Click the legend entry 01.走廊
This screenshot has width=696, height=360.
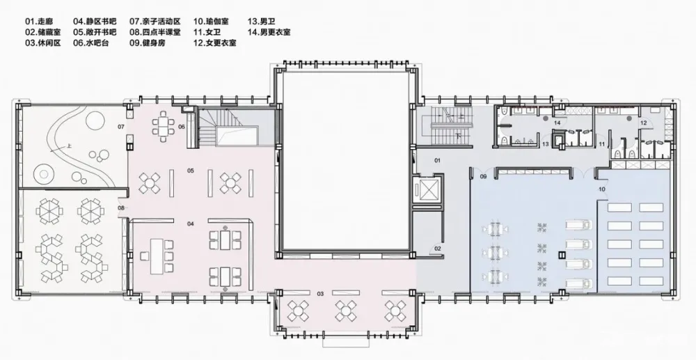click(40, 21)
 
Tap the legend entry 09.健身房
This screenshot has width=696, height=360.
click(148, 42)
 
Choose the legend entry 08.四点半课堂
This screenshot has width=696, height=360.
click(155, 32)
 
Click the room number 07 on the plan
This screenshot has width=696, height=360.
click(120, 127)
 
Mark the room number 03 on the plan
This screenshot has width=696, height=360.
click(320, 294)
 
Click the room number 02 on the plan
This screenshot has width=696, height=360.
click(438, 248)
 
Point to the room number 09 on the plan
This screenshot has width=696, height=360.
click(482, 177)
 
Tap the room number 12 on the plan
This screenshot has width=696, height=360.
click(644, 123)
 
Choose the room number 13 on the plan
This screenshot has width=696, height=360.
click(546, 143)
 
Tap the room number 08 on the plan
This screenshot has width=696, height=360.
click(120, 208)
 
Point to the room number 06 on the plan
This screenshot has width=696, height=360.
click(181, 127)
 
